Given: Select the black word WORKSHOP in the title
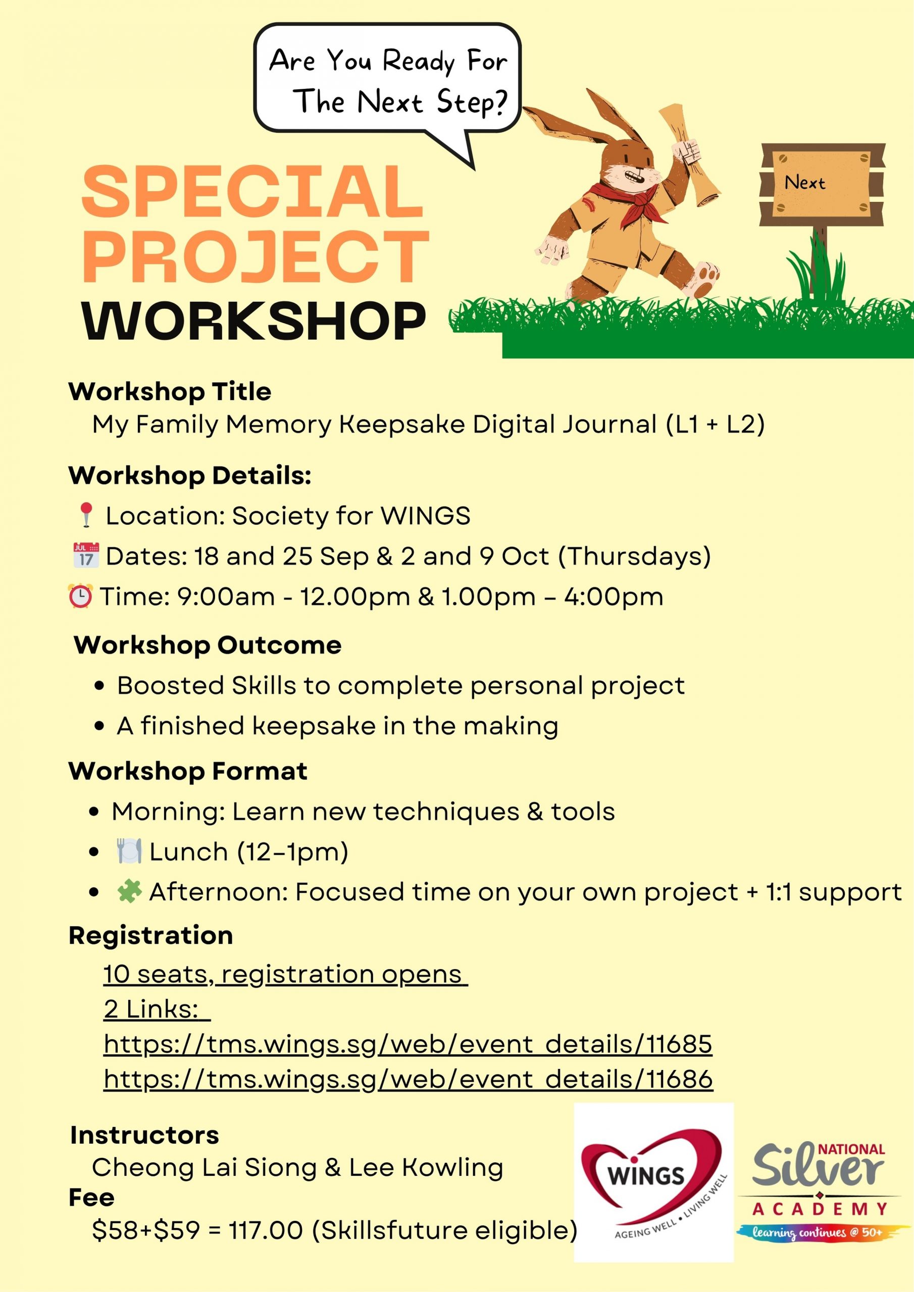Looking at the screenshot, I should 253,321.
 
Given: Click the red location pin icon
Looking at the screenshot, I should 86,515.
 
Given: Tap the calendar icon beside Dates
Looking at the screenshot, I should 86,555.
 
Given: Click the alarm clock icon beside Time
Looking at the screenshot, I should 80,596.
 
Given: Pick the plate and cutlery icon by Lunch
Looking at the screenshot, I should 129,851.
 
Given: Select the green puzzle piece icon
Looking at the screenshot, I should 128,892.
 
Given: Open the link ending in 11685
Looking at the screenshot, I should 408,1044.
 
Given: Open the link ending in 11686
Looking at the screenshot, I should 408,1080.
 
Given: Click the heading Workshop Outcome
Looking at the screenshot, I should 207,645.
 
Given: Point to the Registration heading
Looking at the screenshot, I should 150,935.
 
